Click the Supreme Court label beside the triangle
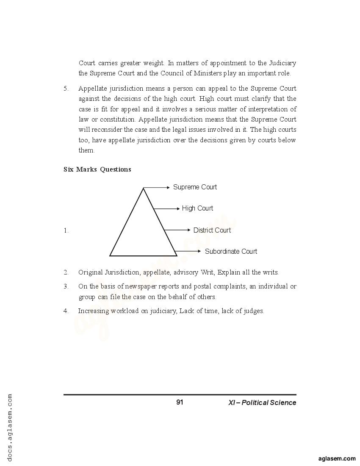(x=195, y=187)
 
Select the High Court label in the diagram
(x=197, y=208)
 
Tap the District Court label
(x=212, y=230)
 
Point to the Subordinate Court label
(x=231, y=252)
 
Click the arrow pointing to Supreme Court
(x=157, y=187)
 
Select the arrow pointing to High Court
(x=167, y=208)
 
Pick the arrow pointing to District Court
(x=177, y=230)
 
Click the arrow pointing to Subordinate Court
(x=188, y=251)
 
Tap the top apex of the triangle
(x=143, y=188)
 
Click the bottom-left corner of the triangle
(x=110, y=255)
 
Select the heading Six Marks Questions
(x=97, y=169)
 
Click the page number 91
(x=180, y=402)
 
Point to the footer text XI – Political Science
(x=262, y=403)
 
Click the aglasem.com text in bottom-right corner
(x=337, y=458)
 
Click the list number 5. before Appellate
(x=66, y=89)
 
